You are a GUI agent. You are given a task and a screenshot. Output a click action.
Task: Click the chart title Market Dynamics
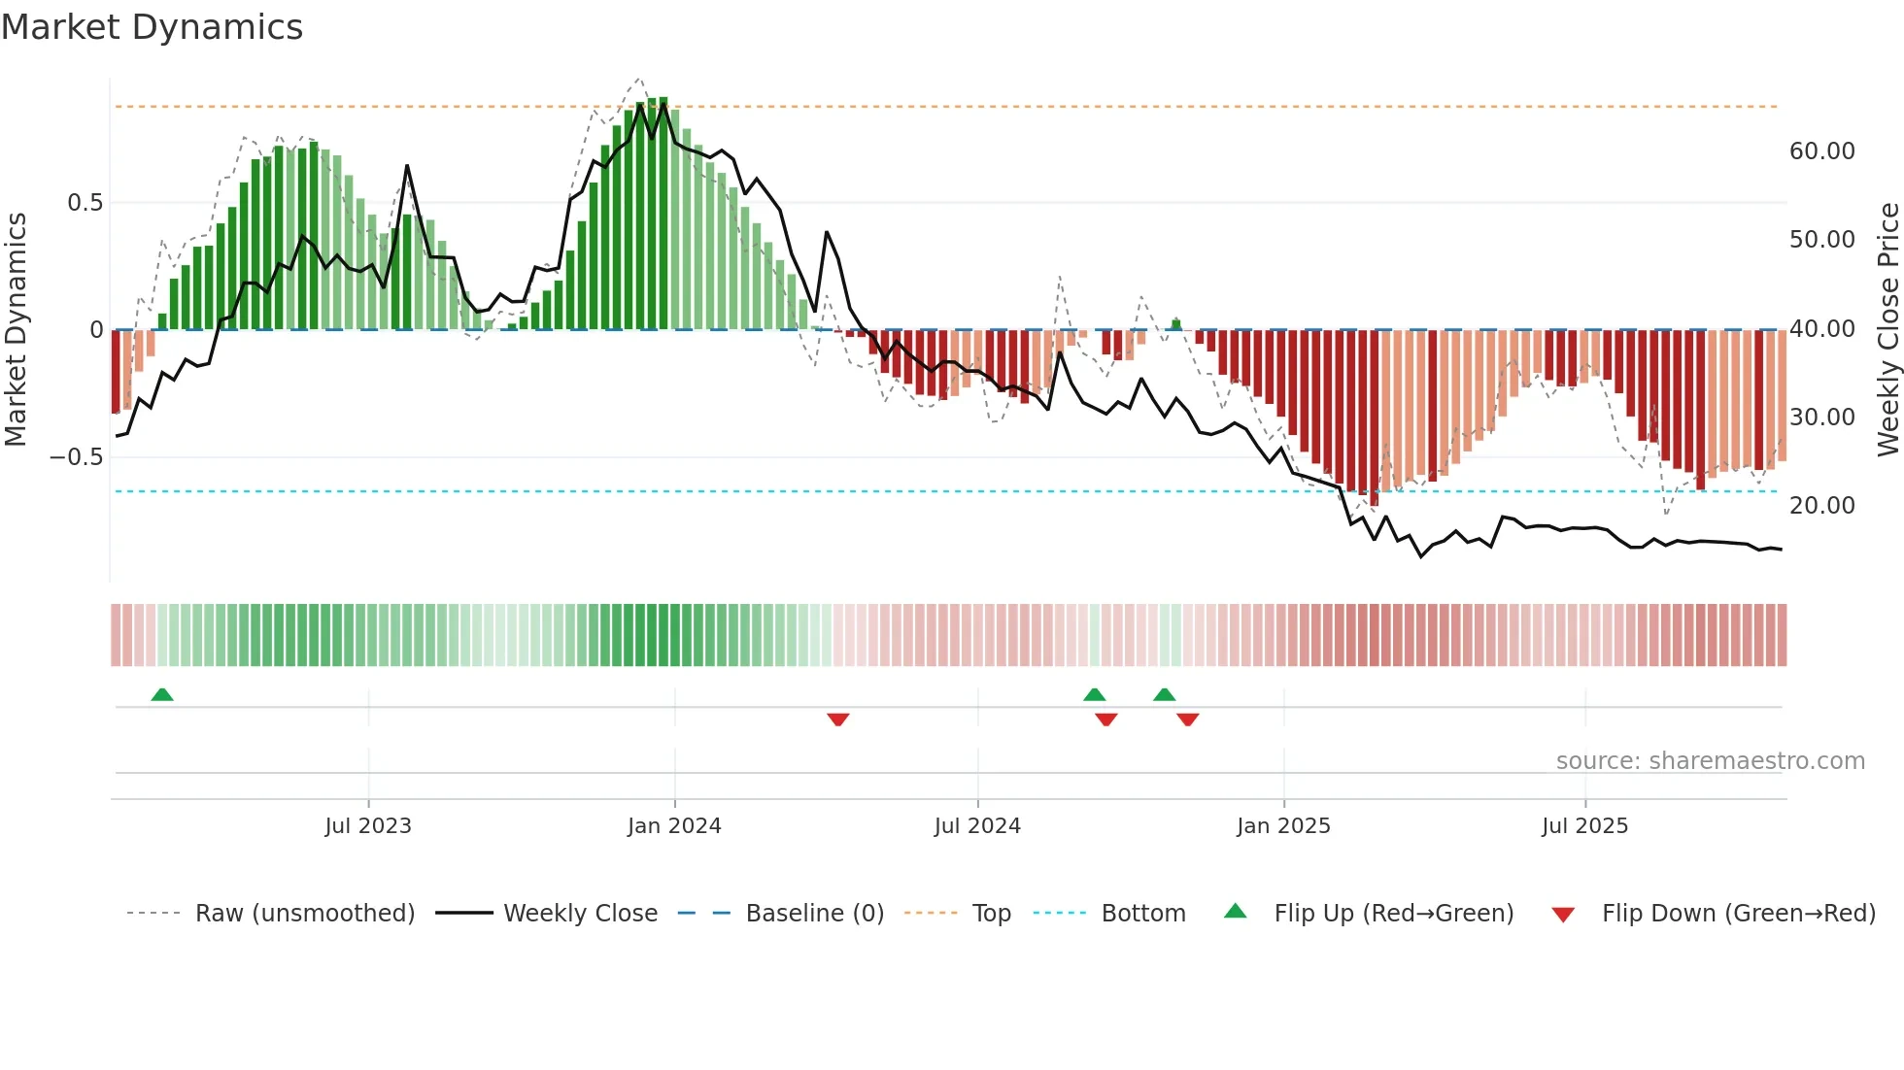[152, 27]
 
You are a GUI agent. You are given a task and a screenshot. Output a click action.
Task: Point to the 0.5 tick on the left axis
[85, 203]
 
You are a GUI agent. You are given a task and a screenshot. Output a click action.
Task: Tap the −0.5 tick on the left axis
[77, 457]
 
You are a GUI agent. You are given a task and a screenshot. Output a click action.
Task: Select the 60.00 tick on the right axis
[1821, 151]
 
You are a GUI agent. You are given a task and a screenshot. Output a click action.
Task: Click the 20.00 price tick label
[1821, 506]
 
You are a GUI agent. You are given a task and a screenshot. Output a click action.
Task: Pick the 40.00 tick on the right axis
[1821, 329]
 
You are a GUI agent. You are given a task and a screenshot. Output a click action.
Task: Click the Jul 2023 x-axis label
[368, 826]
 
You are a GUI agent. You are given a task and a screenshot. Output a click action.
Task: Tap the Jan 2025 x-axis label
[1283, 826]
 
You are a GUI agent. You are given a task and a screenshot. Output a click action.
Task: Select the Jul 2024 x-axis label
[977, 826]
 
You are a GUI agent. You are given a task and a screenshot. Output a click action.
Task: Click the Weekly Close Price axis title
[1887, 329]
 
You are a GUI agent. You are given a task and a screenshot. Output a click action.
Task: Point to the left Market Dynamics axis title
[16, 329]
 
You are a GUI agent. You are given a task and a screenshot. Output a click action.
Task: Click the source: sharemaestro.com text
[1710, 761]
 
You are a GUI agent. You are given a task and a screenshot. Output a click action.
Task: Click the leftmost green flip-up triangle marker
[162, 695]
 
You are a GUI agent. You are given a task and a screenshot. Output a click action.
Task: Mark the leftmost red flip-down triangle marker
[838, 719]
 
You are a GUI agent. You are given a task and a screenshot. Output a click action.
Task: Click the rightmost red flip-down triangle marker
[1188, 719]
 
